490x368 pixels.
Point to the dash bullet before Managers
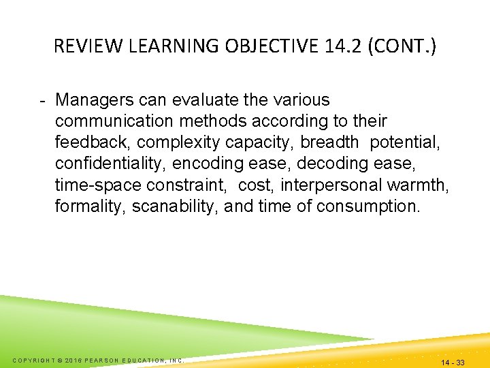pyautogui.click(x=42, y=101)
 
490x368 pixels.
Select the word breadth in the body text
pyautogui.click(x=329, y=142)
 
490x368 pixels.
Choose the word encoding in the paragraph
pyautogui.click(x=202, y=164)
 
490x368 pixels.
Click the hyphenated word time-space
pyautogui.click(x=97, y=185)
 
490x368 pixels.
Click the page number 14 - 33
pyautogui.click(x=453, y=363)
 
